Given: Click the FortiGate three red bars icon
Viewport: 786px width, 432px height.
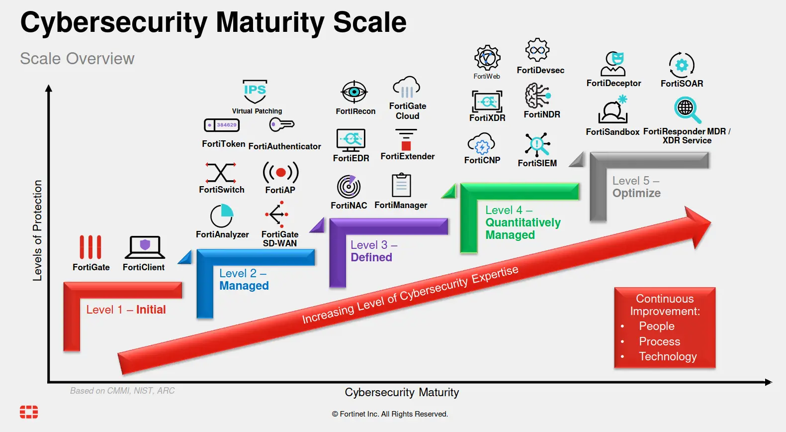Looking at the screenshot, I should click(90, 247).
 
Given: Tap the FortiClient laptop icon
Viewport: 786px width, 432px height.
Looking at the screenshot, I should click(145, 247).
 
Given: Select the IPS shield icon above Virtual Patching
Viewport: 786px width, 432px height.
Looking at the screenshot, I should click(255, 91).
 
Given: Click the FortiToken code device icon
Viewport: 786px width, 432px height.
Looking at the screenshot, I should click(222, 125).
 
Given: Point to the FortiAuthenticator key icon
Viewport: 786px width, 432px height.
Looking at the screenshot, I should click(281, 124).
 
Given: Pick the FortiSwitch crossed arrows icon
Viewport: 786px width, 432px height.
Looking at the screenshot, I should click(221, 173).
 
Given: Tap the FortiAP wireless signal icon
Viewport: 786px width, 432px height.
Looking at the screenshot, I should click(280, 173).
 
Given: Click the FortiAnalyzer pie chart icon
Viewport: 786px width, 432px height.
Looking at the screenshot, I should click(222, 216).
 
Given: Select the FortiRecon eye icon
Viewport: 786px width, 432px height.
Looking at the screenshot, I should click(354, 92).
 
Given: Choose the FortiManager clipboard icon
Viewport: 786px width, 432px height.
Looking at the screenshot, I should click(401, 185).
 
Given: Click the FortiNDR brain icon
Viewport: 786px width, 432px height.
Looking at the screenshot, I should click(537, 96).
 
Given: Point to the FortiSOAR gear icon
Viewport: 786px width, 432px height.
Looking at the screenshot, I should click(682, 65).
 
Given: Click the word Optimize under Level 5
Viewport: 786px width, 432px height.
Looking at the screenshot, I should click(636, 193).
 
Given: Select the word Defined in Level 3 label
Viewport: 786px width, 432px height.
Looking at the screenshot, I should click(371, 257).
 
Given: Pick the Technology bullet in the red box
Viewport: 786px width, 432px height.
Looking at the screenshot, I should click(668, 356).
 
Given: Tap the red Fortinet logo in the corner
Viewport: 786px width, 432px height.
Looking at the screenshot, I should click(29, 412).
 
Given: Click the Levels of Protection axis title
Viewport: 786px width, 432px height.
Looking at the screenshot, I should click(37, 230).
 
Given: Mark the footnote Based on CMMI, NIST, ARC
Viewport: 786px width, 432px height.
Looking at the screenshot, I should click(122, 391).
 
